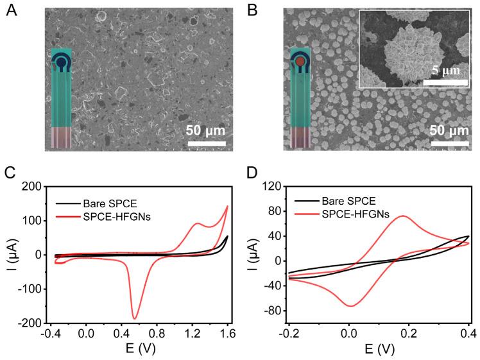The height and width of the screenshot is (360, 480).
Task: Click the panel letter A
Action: pyautogui.click(x=10, y=11)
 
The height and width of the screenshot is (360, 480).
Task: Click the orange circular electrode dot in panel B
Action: pyautogui.click(x=300, y=62)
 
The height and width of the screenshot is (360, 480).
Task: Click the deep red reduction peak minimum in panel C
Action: pyautogui.click(x=135, y=318)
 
